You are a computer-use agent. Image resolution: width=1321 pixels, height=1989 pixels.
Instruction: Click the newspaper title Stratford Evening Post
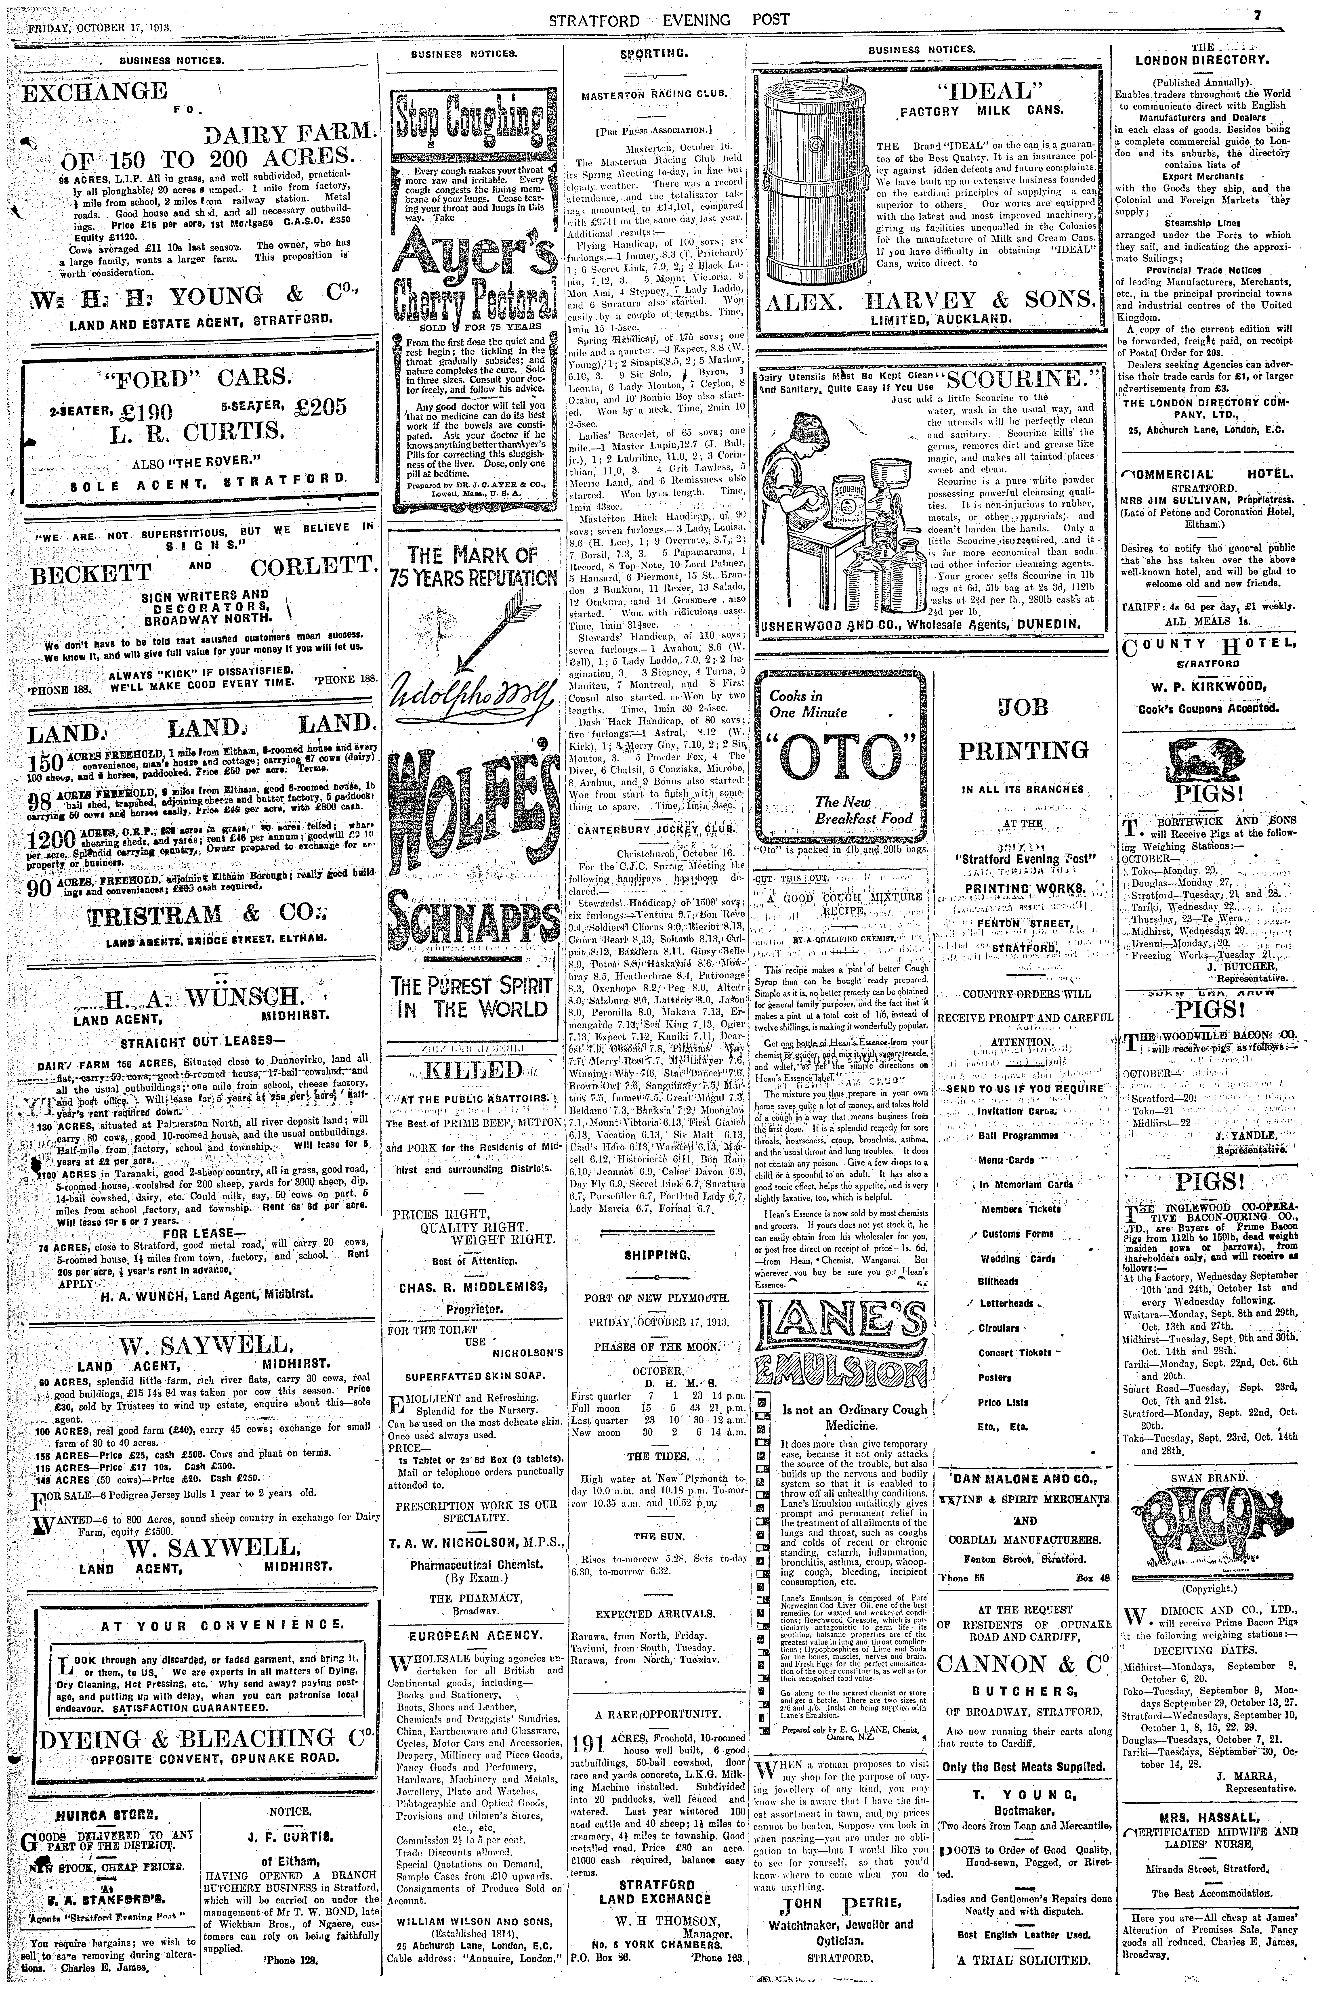point(669,19)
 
